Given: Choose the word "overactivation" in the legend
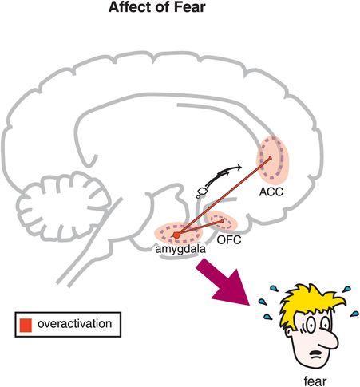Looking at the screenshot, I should (x=77, y=325).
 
